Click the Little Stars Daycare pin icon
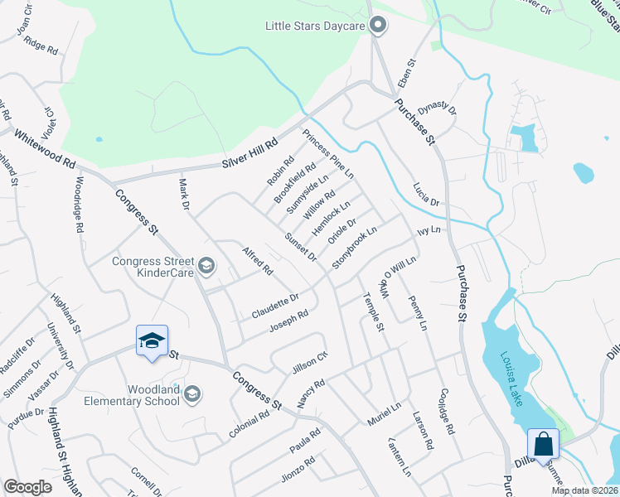click(378, 26)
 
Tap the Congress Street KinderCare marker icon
click(206, 267)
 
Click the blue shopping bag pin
click(543, 444)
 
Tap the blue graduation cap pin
click(152, 340)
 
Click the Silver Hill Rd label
click(252, 154)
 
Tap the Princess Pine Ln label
click(327, 154)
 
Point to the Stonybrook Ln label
click(355, 247)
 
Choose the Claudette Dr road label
click(275, 305)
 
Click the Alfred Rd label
click(257, 259)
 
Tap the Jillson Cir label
click(310, 361)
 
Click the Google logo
click(27, 486)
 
